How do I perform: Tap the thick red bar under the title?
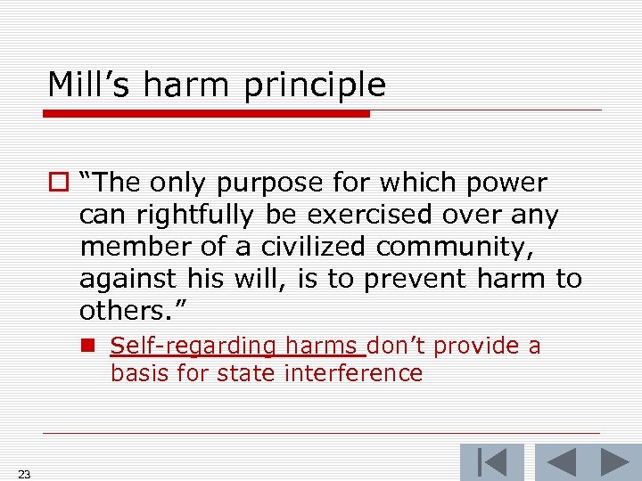(207, 114)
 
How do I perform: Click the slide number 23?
(24, 474)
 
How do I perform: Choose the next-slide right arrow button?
(614, 461)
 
